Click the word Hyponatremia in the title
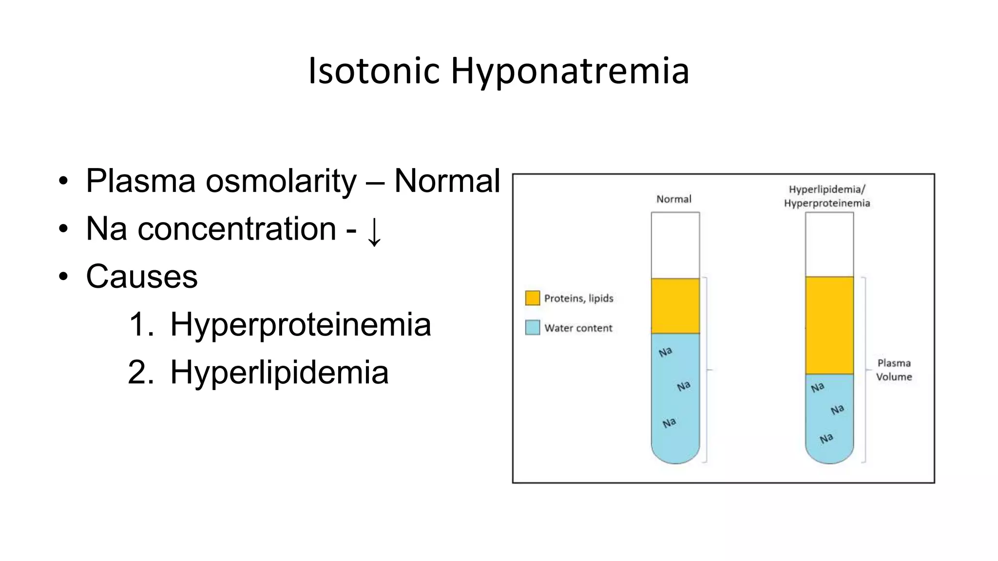click(570, 71)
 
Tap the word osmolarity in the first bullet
click(281, 181)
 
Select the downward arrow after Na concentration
click(374, 231)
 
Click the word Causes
click(142, 277)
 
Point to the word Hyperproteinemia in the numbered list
click(300, 324)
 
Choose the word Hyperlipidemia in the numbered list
click(279, 373)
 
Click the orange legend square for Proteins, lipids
click(533, 298)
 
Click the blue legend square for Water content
click(533, 327)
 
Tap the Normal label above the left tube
click(673, 199)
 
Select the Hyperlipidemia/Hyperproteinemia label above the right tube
click(827, 196)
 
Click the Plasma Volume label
click(894, 370)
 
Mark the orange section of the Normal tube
click(675, 306)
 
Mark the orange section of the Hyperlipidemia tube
click(829, 325)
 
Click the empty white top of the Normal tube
click(675, 245)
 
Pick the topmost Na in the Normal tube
click(665, 352)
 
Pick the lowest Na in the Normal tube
click(669, 423)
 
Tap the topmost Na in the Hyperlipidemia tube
click(817, 388)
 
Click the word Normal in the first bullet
click(447, 181)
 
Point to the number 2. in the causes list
click(141, 373)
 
